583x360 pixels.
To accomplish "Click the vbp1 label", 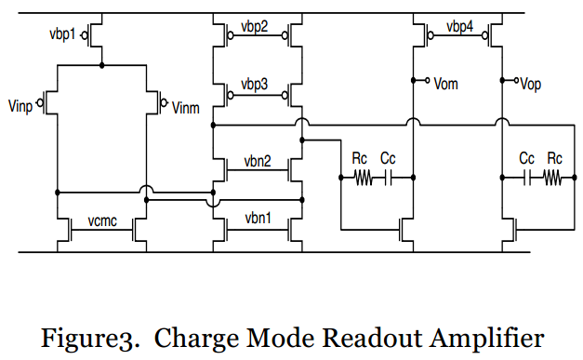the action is (x=62, y=34).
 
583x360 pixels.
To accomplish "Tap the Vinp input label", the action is (x=20, y=106).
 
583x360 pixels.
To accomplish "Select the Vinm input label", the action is (x=186, y=108).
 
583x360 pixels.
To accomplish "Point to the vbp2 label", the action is (x=255, y=27).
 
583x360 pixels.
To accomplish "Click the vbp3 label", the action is (x=255, y=85).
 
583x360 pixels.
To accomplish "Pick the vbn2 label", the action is (x=258, y=161).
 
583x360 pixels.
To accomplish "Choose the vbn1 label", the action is (x=258, y=218).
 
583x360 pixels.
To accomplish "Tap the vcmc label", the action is (x=102, y=220).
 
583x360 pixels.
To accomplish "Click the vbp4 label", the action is (x=460, y=27).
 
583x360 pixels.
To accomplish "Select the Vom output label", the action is (x=445, y=84).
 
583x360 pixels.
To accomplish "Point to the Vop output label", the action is (x=531, y=85).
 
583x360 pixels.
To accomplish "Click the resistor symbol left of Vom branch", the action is (x=364, y=178).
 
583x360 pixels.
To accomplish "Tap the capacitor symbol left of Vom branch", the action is (x=388, y=178).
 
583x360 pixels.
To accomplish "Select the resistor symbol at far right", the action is (x=553, y=178).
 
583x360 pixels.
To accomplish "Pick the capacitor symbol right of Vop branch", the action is (x=527, y=178).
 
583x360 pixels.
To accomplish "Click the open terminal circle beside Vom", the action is (x=428, y=80).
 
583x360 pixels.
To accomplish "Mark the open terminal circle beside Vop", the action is (x=516, y=80).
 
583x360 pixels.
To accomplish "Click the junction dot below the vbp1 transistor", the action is (x=102, y=65).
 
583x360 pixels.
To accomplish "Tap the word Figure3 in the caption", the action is (x=89, y=340).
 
